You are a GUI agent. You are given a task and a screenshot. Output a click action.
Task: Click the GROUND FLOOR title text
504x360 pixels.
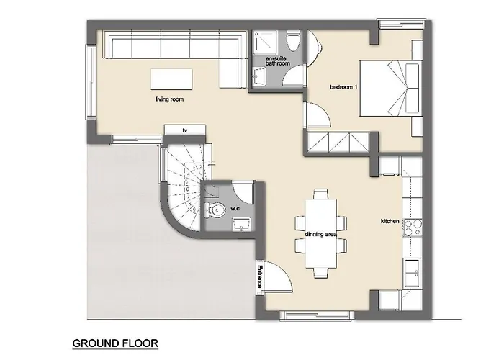(x=115, y=343)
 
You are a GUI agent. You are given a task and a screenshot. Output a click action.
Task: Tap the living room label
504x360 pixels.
(x=169, y=99)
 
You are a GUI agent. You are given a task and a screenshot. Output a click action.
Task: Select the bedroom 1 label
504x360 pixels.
(x=343, y=87)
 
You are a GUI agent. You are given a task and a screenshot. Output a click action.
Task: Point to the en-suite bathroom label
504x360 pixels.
(x=277, y=61)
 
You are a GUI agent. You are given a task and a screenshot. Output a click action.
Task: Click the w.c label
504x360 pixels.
(x=235, y=208)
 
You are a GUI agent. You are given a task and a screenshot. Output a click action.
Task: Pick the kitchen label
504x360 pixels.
(x=390, y=221)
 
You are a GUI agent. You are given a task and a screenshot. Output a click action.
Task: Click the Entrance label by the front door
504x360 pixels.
(x=260, y=276)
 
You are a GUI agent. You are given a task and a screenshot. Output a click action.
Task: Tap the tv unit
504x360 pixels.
(x=185, y=130)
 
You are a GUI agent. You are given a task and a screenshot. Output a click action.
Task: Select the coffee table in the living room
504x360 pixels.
(x=171, y=79)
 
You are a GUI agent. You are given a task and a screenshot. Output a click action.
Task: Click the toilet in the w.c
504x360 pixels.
(x=215, y=210)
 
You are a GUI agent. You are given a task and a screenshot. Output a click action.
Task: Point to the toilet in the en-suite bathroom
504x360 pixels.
(x=293, y=41)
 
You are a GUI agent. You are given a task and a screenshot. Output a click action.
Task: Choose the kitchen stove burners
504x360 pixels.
(x=413, y=228)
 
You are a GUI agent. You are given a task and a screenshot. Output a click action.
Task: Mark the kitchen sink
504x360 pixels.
(x=412, y=273)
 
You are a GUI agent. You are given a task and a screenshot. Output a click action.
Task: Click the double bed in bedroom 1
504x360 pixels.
(x=390, y=88)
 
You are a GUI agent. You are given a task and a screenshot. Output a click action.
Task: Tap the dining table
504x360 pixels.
(x=321, y=234)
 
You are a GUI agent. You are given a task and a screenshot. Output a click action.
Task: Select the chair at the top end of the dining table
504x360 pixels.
(x=321, y=194)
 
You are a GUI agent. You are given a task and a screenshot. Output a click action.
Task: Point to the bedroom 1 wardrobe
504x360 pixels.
(x=338, y=143)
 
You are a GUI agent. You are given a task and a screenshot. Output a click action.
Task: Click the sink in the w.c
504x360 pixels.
(x=241, y=224)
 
